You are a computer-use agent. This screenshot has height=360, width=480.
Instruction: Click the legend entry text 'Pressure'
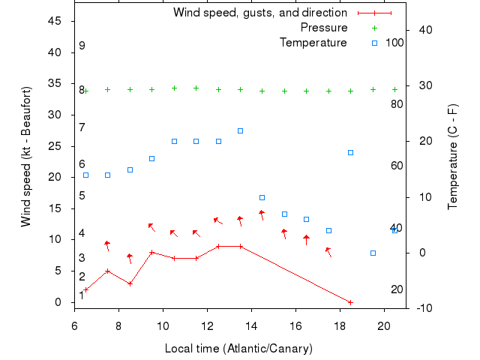[x=324, y=28]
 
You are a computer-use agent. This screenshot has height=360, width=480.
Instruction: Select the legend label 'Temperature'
[x=313, y=43]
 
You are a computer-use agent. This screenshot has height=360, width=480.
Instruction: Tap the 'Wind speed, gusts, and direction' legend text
[x=260, y=13]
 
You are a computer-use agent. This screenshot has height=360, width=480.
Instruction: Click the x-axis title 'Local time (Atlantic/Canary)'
[x=238, y=349]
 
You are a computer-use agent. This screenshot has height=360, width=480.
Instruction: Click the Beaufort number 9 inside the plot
[x=82, y=46]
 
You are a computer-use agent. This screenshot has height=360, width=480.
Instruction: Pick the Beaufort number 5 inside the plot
[x=82, y=196]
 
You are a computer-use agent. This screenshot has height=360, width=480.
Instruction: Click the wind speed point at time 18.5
[x=350, y=302]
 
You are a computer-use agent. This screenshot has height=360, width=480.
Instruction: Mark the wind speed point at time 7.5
[x=107, y=271]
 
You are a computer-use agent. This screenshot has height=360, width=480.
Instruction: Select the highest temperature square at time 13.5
[x=240, y=130]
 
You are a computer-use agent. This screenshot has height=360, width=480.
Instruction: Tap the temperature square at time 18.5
[x=350, y=152]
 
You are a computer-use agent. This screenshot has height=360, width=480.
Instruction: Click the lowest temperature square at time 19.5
[x=373, y=253]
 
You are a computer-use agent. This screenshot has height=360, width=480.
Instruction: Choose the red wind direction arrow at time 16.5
[x=307, y=239]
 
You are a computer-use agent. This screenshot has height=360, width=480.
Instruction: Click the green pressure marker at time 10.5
[x=174, y=88]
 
